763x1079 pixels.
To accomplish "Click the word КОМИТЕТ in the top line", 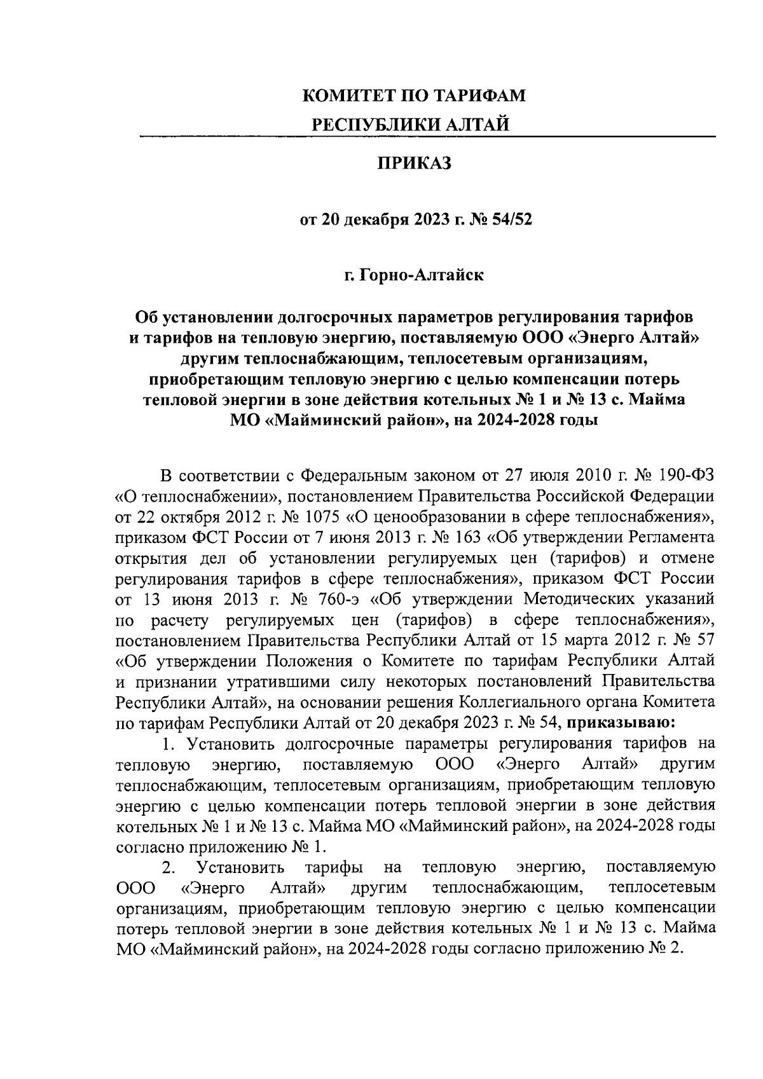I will point(347,96).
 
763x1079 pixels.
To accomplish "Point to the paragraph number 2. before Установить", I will point(168,867).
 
